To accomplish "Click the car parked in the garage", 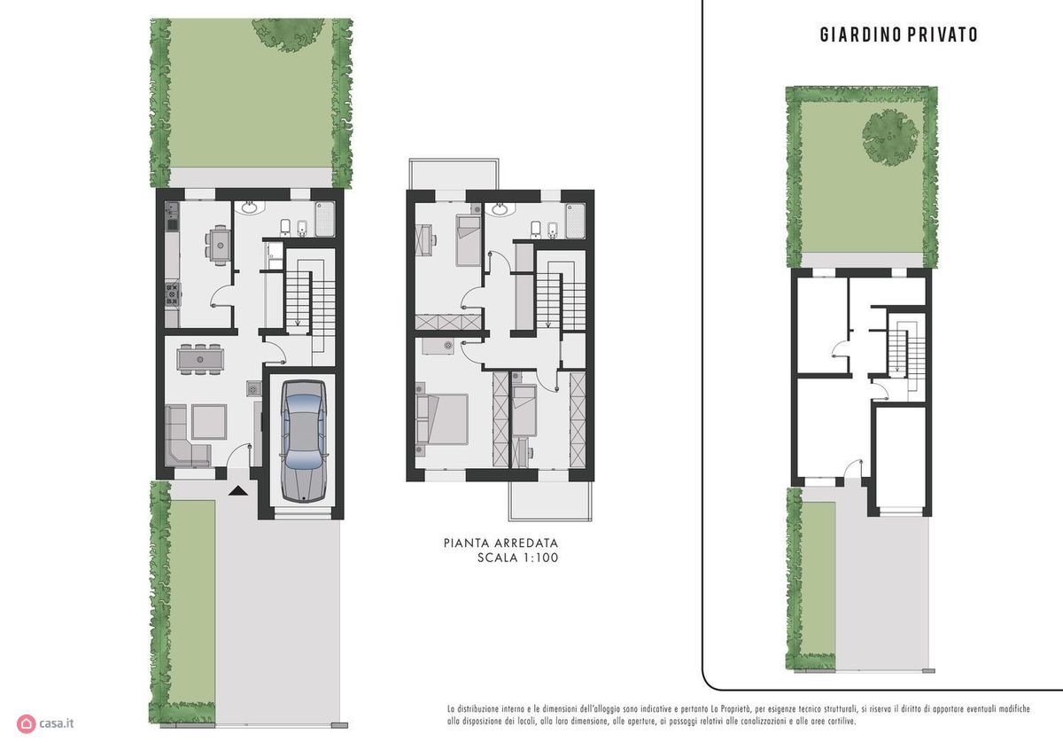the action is pyautogui.click(x=304, y=441).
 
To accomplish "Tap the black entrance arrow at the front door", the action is pyautogui.click(x=237, y=490).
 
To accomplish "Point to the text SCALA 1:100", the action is pyautogui.click(x=517, y=558).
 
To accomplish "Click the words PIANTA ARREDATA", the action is pyautogui.click(x=500, y=543).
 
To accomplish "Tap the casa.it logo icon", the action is pyautogui.click(x=26, y=723).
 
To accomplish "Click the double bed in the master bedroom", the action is pyautogui.click(x=442, y=419).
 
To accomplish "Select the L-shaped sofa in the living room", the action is pyautogui.click(x=188, y=436).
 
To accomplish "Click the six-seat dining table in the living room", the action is pyautogui.click(x=200, y=359).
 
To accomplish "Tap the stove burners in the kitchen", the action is pyautogui.click(x=173, y=294).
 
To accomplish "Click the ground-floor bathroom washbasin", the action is pyautogui.click(x=249, y=207).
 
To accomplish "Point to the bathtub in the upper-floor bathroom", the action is pyautogui.click(x=575, y=221).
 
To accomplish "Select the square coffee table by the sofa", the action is pyautogui.click(x=209, y=422).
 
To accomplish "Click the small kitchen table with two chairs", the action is pyautogui.click(x=220, y=245).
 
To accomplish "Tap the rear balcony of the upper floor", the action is pyautogui.click(x=454, y=174).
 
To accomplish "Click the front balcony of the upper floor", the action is pyautogui.click(x=550, y=502).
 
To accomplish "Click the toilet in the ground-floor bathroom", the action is pyautogui.click(x=285, y=228).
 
